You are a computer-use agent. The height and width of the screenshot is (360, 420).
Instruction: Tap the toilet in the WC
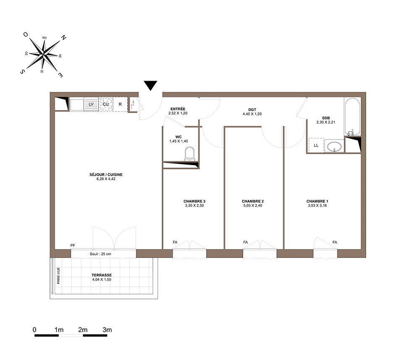(x=189, y=154)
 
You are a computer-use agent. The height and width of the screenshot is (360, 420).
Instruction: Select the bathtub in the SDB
(x=352, y=117)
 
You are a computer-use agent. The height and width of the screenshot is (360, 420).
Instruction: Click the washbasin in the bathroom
(x=334, y=147)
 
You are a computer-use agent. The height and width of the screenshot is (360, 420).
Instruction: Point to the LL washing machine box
(x=316, y=145)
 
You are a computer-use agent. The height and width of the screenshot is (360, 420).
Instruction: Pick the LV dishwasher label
(x=91, y=104)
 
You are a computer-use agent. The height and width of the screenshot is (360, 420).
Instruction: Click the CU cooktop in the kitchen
(x=106, y=104)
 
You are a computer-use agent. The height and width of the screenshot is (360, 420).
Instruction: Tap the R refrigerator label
(x=120, y=104)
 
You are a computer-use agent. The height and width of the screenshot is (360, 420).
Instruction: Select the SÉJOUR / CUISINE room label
(x=106, y=175)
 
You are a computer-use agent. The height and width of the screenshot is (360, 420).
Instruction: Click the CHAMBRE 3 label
(x=194, y=201)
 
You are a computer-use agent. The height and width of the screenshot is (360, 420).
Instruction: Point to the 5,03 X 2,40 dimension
(x=252, y=206)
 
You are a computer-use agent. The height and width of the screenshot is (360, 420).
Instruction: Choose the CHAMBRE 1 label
(x=318, y=201)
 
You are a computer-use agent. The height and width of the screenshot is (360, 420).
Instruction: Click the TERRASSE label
(x=102, y=275)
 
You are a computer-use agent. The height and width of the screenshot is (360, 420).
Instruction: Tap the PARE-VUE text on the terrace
(x=58, y=276)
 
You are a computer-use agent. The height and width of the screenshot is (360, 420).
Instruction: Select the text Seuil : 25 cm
(x=100, y=254)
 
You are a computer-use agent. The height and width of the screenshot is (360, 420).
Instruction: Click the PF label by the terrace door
(x=73, y=245)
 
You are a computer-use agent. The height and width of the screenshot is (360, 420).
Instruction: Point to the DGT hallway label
(x=252, y=110)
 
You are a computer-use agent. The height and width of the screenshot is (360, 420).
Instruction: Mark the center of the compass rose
(x=43, y=55)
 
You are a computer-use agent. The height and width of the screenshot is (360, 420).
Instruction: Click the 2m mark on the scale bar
(x=83, y=330)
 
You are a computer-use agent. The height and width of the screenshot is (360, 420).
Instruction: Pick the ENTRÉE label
(x=178, y=109)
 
